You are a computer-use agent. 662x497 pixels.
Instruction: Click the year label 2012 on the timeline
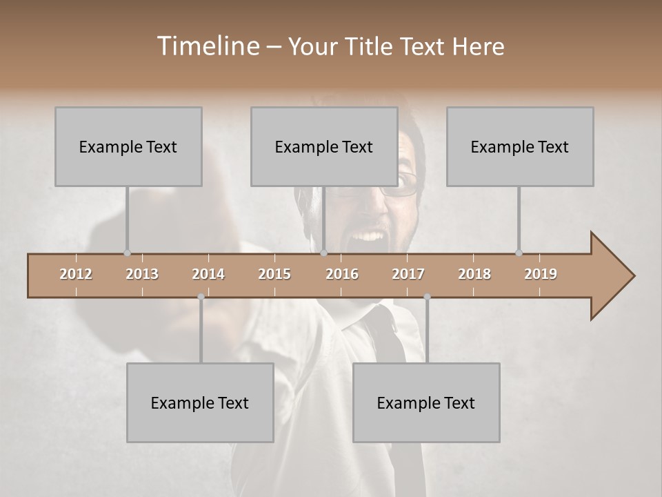(76, 274)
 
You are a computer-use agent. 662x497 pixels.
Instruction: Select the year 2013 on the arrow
(142, 274)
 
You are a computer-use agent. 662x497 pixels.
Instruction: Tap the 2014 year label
(208, 274)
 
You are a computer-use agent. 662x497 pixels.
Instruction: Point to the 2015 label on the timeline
(274, 274)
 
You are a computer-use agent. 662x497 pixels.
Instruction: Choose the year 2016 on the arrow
(342, 274)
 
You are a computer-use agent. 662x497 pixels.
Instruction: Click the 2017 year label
(408, 274)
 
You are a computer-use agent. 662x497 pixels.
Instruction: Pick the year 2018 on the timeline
(474, 274)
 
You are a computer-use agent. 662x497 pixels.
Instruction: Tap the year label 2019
(541, 274)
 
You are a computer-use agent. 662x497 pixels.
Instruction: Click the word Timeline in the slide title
(207, 46)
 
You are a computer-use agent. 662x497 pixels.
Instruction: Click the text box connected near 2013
(128, 146)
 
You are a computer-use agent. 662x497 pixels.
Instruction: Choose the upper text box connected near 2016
(324, 146)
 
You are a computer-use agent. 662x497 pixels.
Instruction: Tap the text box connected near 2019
(520, 146)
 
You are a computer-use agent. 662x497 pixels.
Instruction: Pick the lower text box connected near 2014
(200, 402)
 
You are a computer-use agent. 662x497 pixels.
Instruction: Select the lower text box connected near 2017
(426, 402)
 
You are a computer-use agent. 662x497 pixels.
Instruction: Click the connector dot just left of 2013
(127, 253)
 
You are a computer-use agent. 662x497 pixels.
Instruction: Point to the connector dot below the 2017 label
(427, 297)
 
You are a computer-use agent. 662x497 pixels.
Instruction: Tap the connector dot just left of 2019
(519, 253)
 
